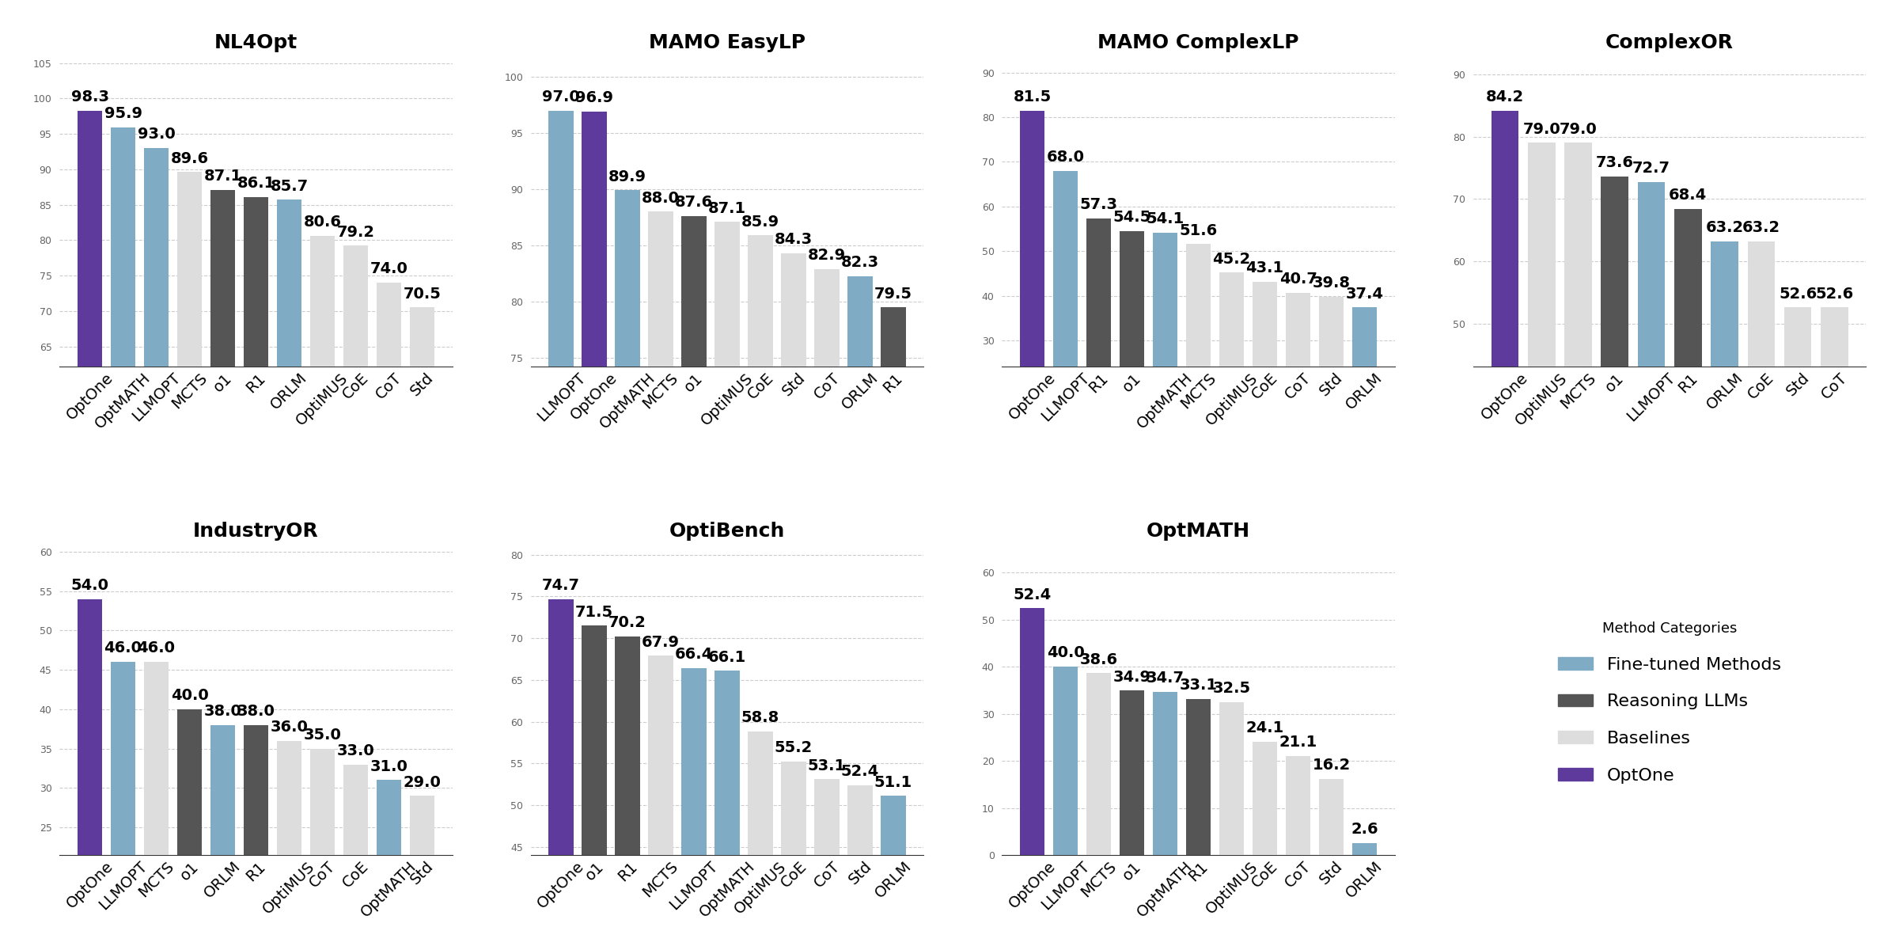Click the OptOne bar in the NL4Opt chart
89,237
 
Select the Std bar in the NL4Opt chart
422,336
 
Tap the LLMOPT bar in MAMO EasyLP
561,237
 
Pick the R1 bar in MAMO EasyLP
893,336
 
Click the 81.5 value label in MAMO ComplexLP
1032,97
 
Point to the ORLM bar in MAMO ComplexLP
1364,336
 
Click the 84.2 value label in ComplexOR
1504,97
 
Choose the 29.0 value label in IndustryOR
422,782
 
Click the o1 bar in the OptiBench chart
594,739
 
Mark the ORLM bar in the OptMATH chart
1364,849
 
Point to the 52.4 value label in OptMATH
1032,595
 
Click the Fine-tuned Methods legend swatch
1575,664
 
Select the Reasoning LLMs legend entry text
1677,701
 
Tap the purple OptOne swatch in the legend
1575,775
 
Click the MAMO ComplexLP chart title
1197,43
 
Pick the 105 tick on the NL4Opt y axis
42,64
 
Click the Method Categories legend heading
1669,629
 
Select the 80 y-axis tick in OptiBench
517,556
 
